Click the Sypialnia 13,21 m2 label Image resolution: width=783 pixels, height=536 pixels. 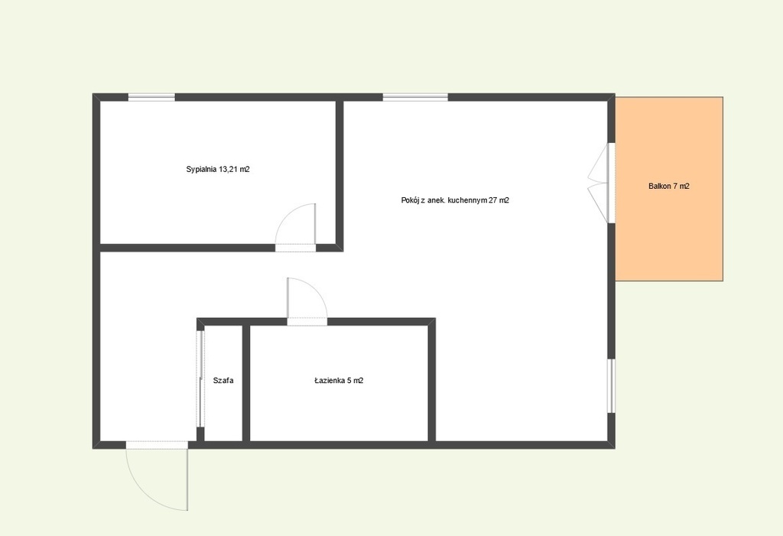click(218, 169)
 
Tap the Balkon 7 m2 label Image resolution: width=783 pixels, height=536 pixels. click(668, 187)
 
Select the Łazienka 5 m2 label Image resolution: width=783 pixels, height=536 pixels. click(339, 381)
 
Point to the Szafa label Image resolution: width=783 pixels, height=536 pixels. click(223, 381)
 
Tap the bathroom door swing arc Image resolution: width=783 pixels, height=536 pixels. click(314, 289)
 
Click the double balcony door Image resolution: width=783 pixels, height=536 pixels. click(601, 183)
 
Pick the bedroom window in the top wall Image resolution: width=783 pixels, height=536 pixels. click(152, 97)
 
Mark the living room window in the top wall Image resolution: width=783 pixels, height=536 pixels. click(415, 97)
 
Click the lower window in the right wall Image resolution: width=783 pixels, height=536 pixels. click(611, 385)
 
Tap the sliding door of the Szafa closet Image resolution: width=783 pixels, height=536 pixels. click(200, 378)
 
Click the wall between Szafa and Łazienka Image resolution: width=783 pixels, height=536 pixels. click(246, 384)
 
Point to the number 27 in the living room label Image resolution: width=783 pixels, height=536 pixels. click(493, 201)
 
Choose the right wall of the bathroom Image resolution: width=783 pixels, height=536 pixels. click(432, 384)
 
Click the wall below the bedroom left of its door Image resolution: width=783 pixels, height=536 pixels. click(188, 248)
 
